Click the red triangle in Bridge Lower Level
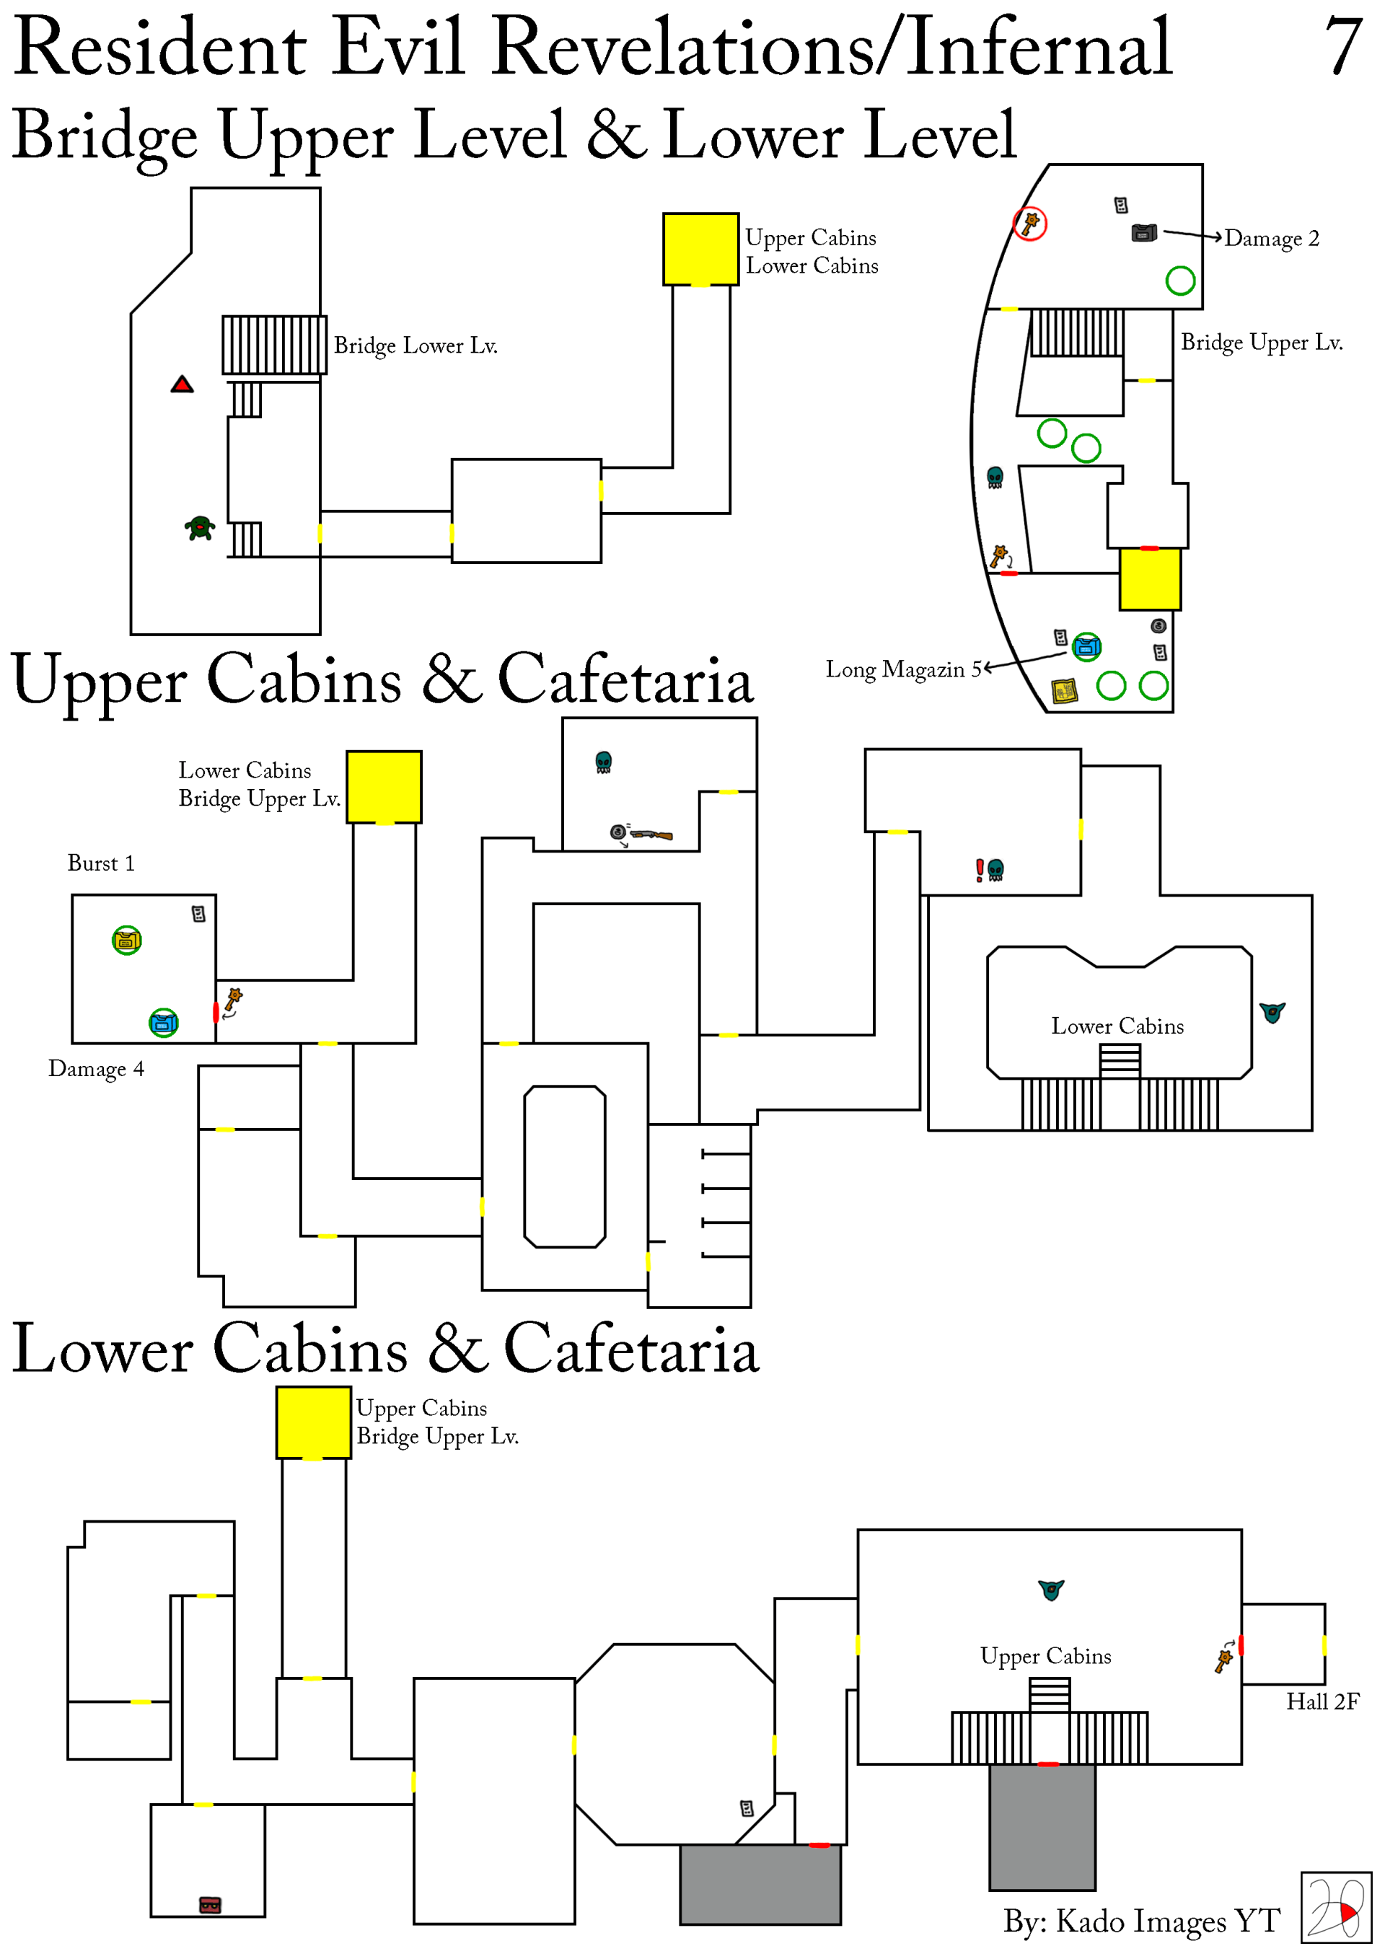coord(182,385)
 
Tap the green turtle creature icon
coord(200,528)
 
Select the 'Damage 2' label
coord(1272,238)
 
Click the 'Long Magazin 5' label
coord(904,670)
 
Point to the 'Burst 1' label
coord(101,863)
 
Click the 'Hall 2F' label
coord(1322,1702)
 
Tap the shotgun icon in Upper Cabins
coord(653,835)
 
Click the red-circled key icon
coord(1030,224)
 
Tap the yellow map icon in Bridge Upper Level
coord(1064,690)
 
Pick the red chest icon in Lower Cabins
coord(210,1904)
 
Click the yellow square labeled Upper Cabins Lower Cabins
coord(700,249)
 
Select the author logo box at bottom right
coord(1335,1908)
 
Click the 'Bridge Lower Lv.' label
coord(415,345)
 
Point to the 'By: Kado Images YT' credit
coord(1141,1921)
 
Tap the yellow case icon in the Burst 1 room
coord(127,941)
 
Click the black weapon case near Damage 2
coord(1143,233)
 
